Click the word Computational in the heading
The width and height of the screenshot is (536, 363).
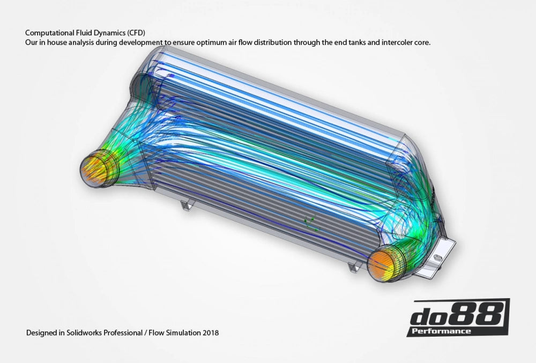pyautogui.click(x=48, y=32)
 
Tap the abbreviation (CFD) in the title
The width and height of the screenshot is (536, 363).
pyautogui.click(x=134, y=32)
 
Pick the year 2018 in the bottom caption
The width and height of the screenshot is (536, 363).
pyautogui.click(x=210, y=333)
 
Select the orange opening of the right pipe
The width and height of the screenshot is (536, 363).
pyautogui.click(x=383, y=263)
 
